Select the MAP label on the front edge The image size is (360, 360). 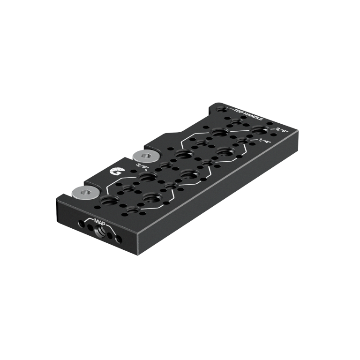coord(99,220)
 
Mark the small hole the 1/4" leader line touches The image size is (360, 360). coord(242,140)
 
